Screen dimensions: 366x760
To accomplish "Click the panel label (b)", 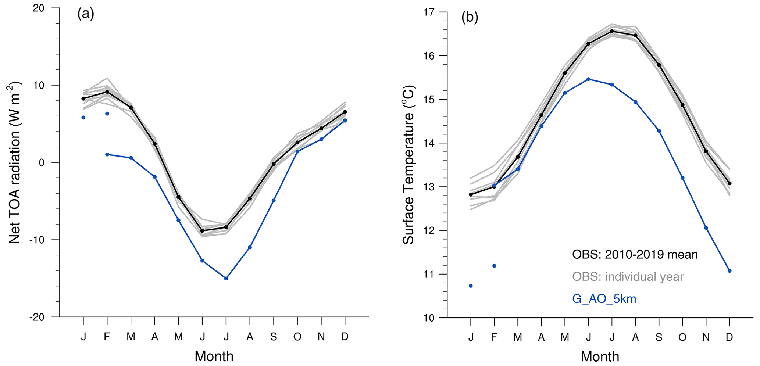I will [x=470, y=18].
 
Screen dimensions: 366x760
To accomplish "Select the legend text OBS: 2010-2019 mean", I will [x=635, y=254].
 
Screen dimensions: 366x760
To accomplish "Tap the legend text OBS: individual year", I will [x=628, y=276].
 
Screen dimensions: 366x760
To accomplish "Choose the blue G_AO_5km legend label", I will [x=604, y=299].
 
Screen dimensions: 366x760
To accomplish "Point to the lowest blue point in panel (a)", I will [x=226, y=279].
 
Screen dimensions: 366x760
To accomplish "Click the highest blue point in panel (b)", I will [x=588, y=79].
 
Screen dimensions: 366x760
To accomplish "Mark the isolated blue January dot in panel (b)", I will [x=471, y=286].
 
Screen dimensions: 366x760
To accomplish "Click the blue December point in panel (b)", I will [x=729, y=271].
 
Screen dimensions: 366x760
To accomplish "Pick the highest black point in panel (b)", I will [x=612, y=31].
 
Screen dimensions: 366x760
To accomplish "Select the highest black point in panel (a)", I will [x=107, y=91].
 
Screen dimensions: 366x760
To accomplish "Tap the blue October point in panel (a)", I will [x=297, y=151].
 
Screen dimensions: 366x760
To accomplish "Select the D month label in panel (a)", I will [x=345, y=337].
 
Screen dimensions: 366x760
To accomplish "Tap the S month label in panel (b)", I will [x=659, y=337].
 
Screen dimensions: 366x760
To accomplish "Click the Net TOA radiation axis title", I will [x=15, y=162].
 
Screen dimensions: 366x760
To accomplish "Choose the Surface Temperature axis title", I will [x=408, y=165].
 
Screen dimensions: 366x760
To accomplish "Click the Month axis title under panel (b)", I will [x=600, y=356].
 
